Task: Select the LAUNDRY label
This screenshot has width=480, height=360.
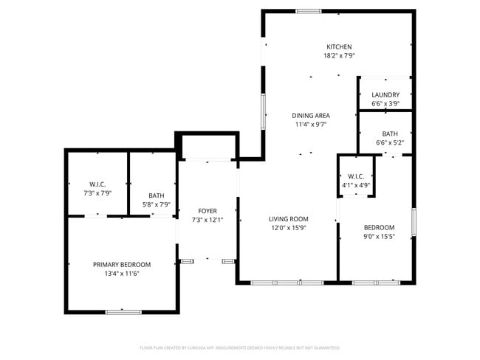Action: pos(385,94)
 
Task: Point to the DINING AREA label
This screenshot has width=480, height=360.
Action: pos(310,115)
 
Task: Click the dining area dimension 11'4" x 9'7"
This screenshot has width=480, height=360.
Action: pos(310,124)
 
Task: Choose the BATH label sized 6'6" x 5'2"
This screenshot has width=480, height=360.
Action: pos(390,134)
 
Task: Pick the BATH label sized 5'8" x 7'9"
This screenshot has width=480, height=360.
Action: pos(156,195)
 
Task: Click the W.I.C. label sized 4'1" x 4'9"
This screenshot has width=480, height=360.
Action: pos(356,176)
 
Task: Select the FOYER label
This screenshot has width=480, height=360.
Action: pos(207,211)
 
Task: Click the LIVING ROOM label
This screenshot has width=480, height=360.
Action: pos(288,219)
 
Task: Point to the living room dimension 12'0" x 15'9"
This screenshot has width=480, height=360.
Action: pos(288,228)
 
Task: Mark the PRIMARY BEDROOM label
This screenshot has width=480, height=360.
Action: pos(122,264)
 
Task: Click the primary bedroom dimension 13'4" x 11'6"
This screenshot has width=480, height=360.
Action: pos(122,273)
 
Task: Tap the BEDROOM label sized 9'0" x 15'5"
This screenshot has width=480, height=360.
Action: pos(379,227)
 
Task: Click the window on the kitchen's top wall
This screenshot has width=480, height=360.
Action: pos(308,11)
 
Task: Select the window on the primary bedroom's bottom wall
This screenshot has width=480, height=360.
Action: pos(123,312)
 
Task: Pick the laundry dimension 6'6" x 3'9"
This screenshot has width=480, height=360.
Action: pos(385,104)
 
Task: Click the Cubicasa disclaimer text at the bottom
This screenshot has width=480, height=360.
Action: pos(239,347)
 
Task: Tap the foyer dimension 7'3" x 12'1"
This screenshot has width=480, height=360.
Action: pos(207,220)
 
